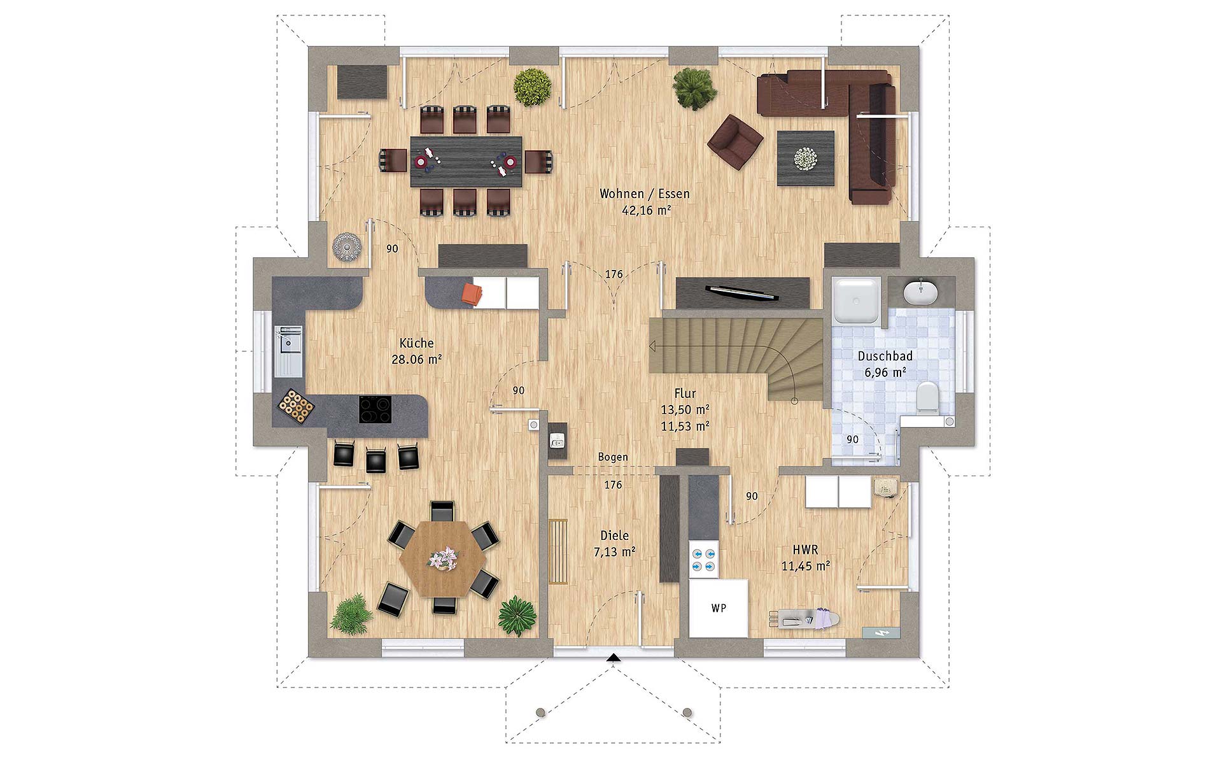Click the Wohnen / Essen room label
644,194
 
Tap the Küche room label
417,343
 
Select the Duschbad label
885,356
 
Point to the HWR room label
805,549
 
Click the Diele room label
614,536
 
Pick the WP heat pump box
719,607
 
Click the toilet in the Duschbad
927,398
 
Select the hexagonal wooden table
442,559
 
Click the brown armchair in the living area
735,141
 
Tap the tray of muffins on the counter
295,405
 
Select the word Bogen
613,457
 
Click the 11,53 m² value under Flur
685,426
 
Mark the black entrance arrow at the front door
613,658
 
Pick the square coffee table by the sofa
805,158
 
